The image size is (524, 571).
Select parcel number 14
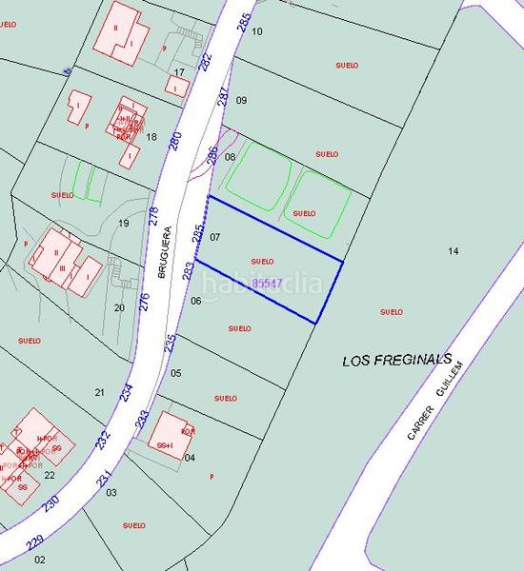(x=453, y=250)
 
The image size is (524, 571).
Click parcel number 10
(x=257, y=31)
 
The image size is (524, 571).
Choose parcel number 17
(x=179, y=73)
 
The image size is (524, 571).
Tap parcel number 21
(x=99, y=392)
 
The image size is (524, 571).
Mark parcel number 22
(x=50, y=475)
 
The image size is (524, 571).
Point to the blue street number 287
(x=223, y=96)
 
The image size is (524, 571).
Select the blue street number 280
(x=175, y=142)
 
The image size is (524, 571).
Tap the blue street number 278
(x=154, y=215)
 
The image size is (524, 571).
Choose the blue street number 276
(x=145, y=302)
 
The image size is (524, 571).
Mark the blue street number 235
(x=171, y=343)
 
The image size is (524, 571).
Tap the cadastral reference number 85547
(x=267, y=284)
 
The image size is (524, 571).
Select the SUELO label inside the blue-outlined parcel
(x=262, y=261)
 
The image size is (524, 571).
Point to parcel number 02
(x=40, y=560)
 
